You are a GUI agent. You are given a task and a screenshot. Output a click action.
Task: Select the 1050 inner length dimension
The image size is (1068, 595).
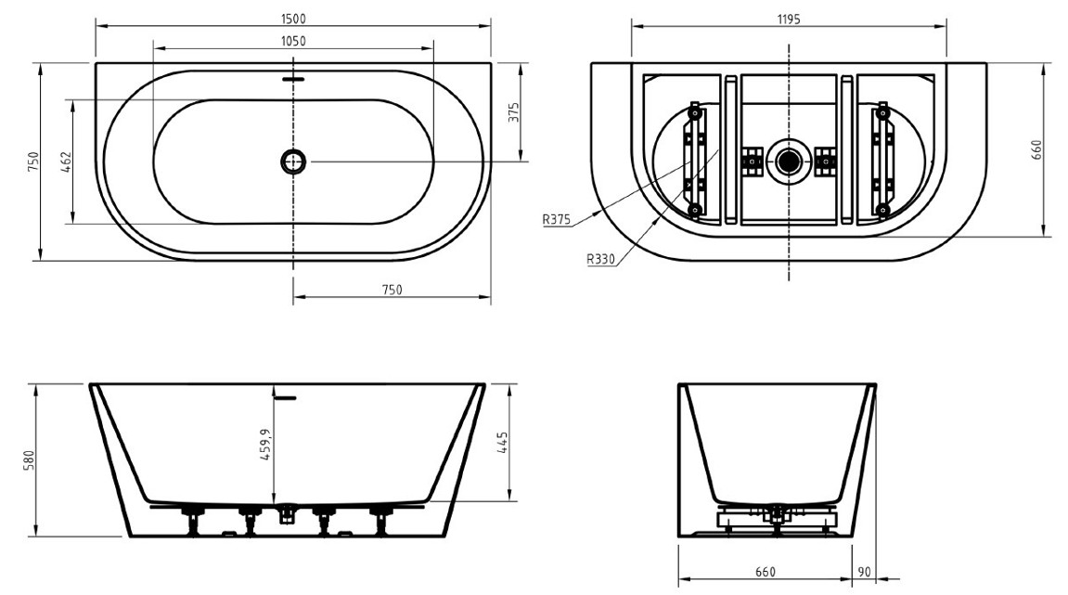293,41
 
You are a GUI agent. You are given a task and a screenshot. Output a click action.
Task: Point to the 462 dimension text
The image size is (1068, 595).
66,162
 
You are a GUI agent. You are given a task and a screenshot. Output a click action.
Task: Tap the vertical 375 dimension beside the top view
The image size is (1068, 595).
513,112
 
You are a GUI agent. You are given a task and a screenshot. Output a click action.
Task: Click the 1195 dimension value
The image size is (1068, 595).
788,19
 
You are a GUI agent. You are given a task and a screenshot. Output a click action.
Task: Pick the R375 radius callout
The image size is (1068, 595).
557,219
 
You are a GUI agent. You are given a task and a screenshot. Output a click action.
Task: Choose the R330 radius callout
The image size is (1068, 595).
600,259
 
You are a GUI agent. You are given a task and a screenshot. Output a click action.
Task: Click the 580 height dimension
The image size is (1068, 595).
29,460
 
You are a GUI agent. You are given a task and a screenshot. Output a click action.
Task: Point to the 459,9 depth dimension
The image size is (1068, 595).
265,445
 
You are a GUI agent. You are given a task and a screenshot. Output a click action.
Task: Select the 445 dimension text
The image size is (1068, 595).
503,443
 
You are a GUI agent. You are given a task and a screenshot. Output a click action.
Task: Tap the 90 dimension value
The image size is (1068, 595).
864,572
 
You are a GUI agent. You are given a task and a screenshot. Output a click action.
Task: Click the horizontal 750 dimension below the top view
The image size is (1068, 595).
392,290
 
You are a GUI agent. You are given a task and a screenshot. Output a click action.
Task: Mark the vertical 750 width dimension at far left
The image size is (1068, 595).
33,162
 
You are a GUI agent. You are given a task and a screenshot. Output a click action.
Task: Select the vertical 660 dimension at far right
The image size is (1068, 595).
1036,150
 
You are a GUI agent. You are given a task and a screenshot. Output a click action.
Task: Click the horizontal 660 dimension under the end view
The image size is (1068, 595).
765,572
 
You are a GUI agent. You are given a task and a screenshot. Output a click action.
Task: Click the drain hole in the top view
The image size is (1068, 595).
293,162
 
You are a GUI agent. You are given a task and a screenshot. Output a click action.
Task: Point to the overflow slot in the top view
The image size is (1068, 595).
293,78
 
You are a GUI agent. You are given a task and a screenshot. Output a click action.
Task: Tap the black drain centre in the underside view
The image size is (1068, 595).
788,162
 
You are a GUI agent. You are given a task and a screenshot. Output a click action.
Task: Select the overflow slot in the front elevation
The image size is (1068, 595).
286,396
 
